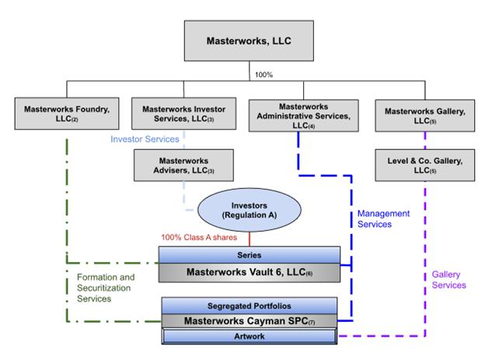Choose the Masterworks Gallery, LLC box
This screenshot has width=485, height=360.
[424, 114]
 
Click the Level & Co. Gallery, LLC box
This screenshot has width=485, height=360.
[424, 164]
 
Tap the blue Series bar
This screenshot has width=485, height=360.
[249, 254]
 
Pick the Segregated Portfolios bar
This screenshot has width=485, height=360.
[249, 305]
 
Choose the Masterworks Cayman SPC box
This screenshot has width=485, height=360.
[249, 320]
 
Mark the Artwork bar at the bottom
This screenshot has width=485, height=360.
[249, 337]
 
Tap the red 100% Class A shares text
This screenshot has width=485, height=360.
[200, 236]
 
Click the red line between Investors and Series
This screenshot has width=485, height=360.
[249, 238]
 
